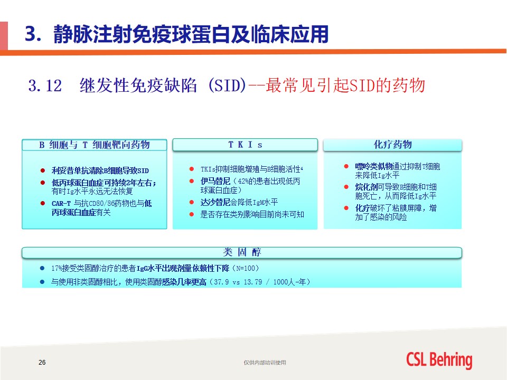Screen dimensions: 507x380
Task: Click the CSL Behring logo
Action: (x=439, y=360)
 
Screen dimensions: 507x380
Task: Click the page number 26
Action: (x=42, y=362)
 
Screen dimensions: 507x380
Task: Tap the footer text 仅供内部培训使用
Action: (x=265, y=363)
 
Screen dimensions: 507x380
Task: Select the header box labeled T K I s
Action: (x=245, y=145)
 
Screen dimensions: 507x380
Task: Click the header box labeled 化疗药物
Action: (x=392, y=145)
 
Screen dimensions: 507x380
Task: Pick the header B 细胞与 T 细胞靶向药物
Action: (x=95, y=145)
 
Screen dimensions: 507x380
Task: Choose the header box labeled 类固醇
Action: (x=242, y=252)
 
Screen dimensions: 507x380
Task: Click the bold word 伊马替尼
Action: (x=215, y=181)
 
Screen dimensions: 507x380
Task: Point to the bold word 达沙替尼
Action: (x=215, y=202)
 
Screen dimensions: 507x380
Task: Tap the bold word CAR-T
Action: (x=61, y=204)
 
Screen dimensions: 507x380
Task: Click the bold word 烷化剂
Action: (x=367, y=187)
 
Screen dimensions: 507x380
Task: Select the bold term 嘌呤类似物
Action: (x=373, y=166)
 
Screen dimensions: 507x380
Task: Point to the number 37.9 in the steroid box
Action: (x=221, y=282)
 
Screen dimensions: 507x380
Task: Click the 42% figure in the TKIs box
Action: (x=243, y=182)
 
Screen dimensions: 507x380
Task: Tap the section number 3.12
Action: (x=45, y=85)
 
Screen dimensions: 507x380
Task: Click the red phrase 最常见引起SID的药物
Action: (x=345, y=85)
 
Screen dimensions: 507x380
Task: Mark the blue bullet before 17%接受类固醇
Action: (x=42, y=268)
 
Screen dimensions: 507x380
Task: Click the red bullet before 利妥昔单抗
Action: (x=42, y=170)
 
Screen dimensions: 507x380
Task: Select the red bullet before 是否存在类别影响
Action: (x=191, y=214)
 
